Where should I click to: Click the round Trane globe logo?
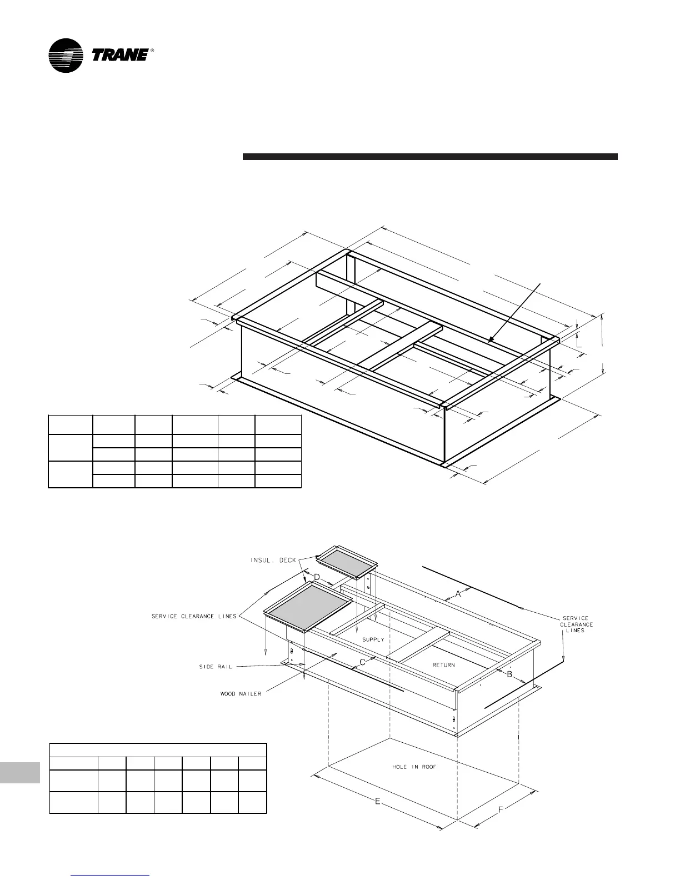[x=66, y=56]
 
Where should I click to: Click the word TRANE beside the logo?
[x=119, y=55]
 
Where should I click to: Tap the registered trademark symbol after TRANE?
[x=152, y=51]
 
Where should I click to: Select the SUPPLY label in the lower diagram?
[x=373, y=639]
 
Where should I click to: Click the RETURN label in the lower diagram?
[x=443, y=664]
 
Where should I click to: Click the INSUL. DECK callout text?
[x=273, y=560]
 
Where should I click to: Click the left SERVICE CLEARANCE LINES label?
[x=194, y=616]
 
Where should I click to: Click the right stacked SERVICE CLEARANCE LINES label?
[x=576, y=624]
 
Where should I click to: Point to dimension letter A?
[x=458, y=594]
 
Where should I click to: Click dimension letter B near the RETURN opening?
[x=509, y=674]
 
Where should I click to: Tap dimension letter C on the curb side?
[x=362, y=662]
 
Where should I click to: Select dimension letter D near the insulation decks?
[x=317, y=577]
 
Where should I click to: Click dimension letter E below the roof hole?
[x=378, y=802]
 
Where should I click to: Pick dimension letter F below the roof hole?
[x=501, y=810]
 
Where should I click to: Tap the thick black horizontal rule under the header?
[x=430, y=157]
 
